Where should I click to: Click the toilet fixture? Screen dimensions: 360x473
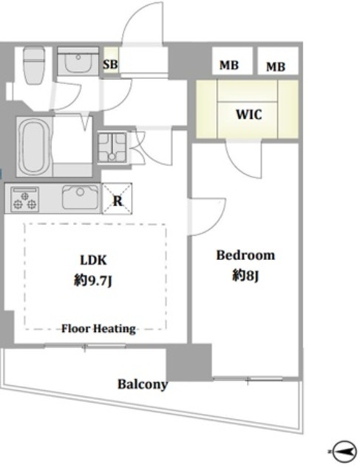pyautogui.click(x=34, y=65)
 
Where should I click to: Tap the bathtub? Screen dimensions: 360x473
pyautogui.click(x=35, y=146)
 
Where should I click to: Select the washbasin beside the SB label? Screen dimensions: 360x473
pyautogui.click(x=78, y=61)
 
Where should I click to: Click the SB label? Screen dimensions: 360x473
pyautogui.click(x=110, y=64)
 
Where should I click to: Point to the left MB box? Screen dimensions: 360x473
pyautogui.click(x=232, y=61)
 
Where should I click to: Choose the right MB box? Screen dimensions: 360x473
pyautogui.click(x=278, y=61)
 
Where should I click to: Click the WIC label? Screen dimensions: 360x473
pyautogui.click(x=248, y=115)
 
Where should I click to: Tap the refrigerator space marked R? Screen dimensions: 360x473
pyautogui.click(x=117, y=199)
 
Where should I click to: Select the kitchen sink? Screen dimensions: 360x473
pyautogui.click(x=81, y=197)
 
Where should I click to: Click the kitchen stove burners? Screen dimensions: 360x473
pyautogui.click(x=24, y=199)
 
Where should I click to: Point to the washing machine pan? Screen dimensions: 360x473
pyautogui.click(x=112, y=147)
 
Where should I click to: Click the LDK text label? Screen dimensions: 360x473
pyautogui.click(x=93, y=260)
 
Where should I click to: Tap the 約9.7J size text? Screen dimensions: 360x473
pyautogui.click(x=93, y=281)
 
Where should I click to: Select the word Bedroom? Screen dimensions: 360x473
pyautogui.click(x=245, y=255)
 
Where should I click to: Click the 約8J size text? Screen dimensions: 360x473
pyautogui.click(x=245, y=276)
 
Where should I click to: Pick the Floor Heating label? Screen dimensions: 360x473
pyautogui.click(x=98, y=328)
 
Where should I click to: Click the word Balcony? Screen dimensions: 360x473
pyautogui.click(x=143, y=384)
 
